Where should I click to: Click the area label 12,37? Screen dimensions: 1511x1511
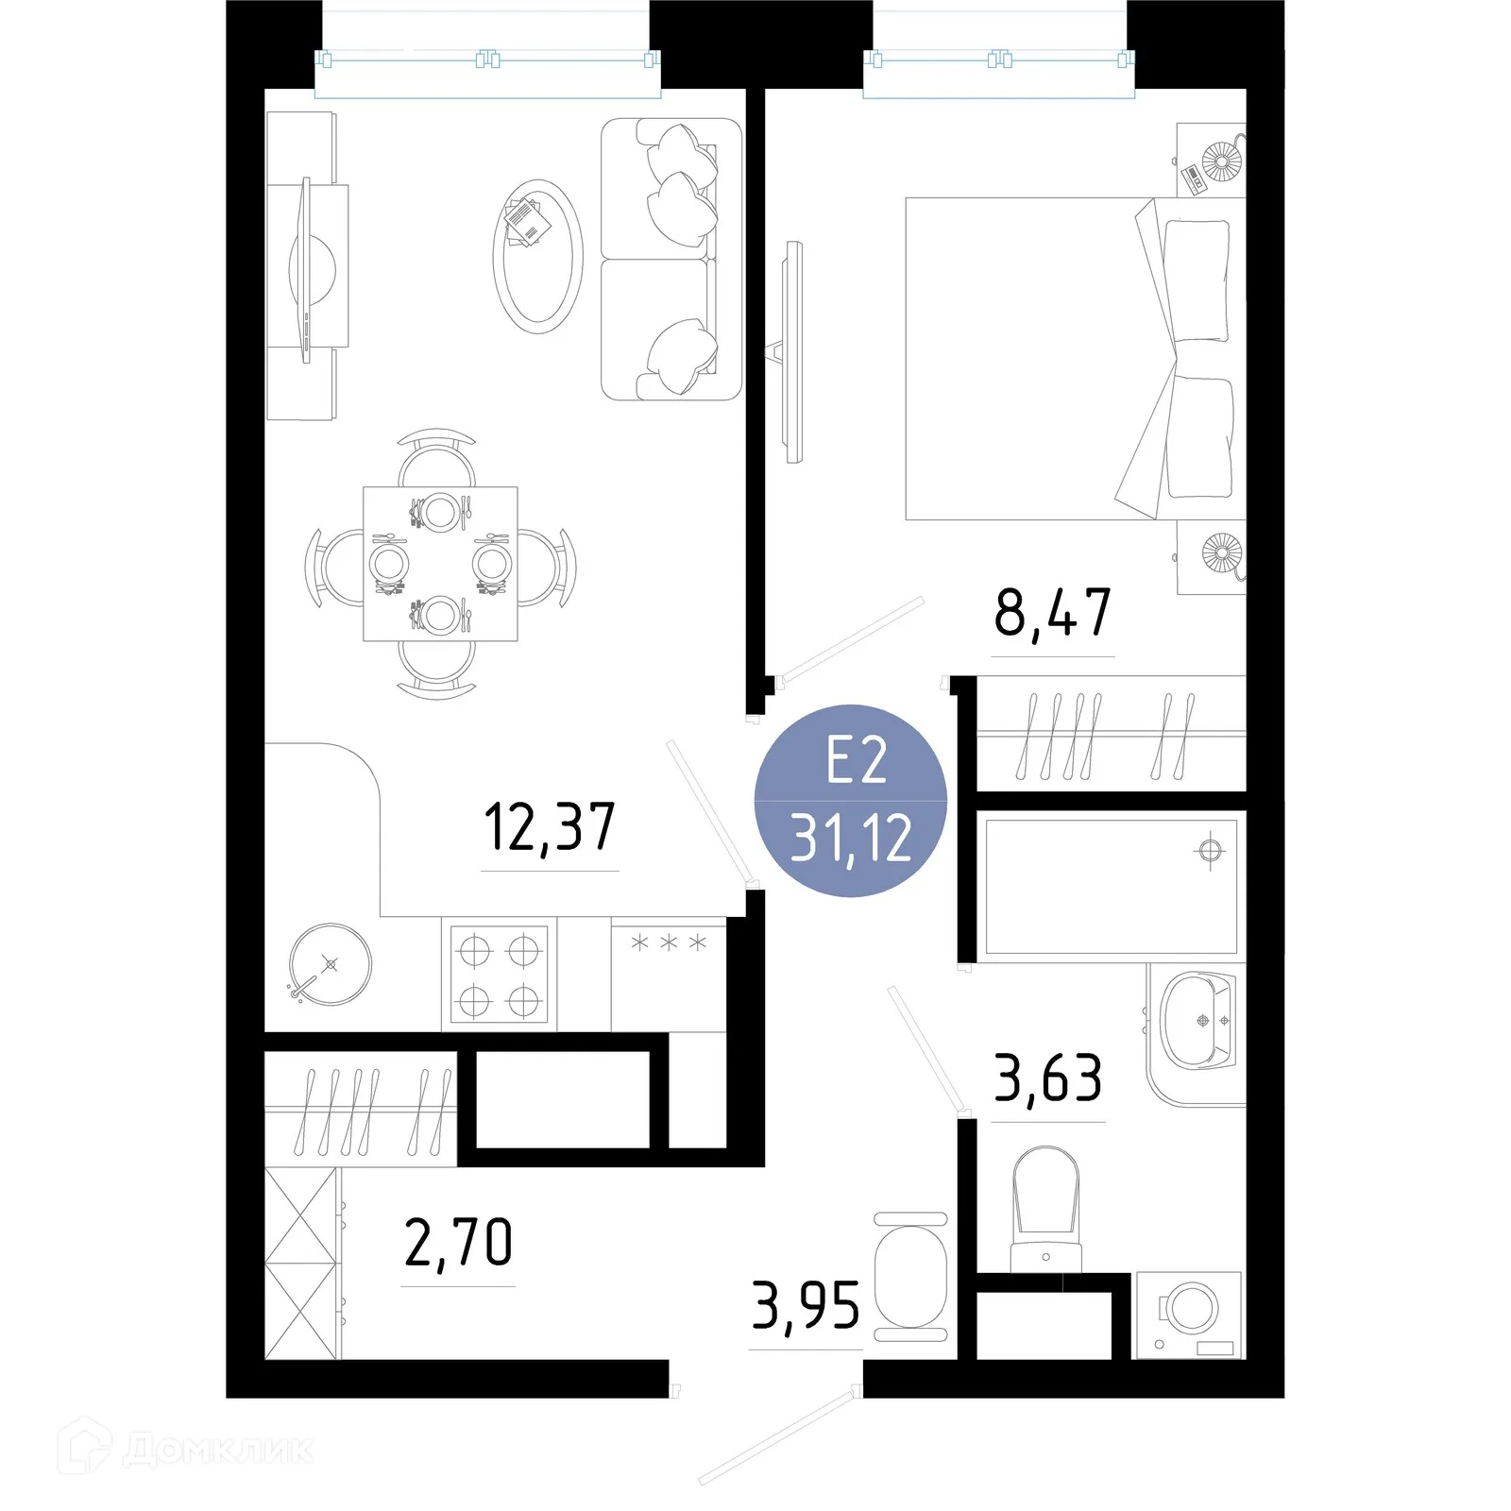pos(550,827)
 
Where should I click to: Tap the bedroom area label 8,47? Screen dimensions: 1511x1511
pos(1052,613)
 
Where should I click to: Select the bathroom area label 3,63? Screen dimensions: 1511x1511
pos(1048,1078)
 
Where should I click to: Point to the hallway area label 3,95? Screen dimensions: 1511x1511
pos(806,1305)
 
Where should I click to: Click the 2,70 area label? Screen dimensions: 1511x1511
pos(458,1242)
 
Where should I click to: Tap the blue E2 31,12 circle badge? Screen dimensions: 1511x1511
pos(851,801)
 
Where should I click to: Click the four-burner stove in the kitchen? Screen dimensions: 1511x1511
pos(499,974)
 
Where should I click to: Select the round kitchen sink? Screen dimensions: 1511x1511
pos(330,964)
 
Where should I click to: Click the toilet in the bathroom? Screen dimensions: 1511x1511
pos(1045,1210)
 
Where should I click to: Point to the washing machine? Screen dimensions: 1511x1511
pos(1190,1316)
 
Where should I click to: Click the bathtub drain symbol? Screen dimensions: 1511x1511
pos(1210,851)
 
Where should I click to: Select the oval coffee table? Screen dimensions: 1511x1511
pos(537,256)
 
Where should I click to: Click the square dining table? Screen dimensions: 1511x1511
pos(440,564)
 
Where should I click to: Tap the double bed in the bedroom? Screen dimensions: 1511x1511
pos(1076,359)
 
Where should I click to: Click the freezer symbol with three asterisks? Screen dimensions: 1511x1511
pos(669,942)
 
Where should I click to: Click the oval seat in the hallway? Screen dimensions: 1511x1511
pos(910,1277)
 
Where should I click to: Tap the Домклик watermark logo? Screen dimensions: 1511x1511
pos(186,1450)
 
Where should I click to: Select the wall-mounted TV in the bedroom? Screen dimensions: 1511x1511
pos(791,351)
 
